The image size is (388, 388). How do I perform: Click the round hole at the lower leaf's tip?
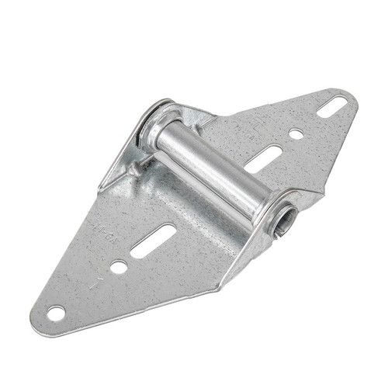(55, 314)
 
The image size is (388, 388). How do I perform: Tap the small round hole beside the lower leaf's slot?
(119, 266)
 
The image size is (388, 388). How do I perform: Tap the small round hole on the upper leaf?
(296, 134)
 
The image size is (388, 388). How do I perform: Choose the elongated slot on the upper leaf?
(264, 158)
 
